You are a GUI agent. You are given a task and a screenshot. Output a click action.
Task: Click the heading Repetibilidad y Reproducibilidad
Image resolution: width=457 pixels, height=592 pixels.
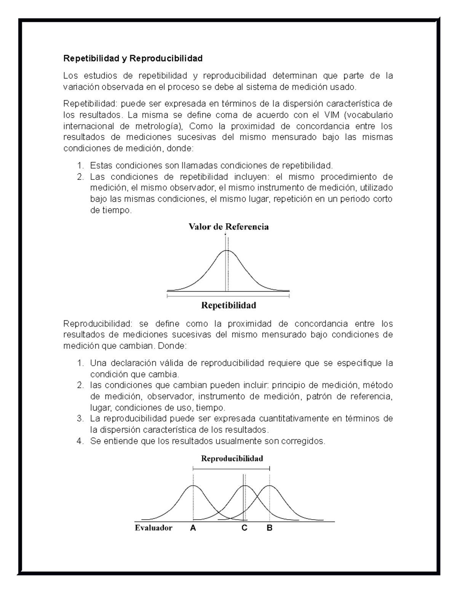tap(133, 59)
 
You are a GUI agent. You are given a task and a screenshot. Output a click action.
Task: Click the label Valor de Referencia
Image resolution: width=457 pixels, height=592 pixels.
tap(229, 227)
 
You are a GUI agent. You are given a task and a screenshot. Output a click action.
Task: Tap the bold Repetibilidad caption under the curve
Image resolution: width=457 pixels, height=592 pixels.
tap(228, 305)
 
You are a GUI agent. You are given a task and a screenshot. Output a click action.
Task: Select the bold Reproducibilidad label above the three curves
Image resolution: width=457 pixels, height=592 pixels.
tap(232, 459)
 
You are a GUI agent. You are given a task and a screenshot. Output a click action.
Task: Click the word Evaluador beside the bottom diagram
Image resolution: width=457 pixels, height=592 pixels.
tap(153, 528)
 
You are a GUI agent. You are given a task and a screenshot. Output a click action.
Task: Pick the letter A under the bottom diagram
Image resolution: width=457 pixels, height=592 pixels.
tap(193, 528)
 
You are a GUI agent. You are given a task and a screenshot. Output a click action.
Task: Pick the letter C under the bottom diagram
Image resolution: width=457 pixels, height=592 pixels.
tap(244, 528)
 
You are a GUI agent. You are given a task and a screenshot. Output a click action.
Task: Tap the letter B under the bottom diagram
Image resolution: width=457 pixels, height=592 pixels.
tap(270, 528)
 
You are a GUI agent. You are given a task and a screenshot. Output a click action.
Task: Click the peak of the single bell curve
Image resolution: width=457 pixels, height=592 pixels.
tap(227, 250)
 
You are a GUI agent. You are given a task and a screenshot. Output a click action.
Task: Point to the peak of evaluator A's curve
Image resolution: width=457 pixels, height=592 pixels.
tap(193, 486)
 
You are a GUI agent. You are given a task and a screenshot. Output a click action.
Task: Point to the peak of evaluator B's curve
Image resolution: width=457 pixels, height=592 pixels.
tap(270, 486)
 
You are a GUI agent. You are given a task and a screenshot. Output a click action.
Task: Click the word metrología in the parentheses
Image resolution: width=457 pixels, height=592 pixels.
tap(157, 126)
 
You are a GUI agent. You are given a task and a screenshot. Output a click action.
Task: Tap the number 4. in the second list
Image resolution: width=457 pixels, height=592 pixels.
tap(80, 441)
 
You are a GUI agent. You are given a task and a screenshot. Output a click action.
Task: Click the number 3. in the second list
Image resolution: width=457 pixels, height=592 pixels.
tap(80, 419)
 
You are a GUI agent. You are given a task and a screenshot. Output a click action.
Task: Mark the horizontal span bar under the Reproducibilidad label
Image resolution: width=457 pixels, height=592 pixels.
tap(232, 468)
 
